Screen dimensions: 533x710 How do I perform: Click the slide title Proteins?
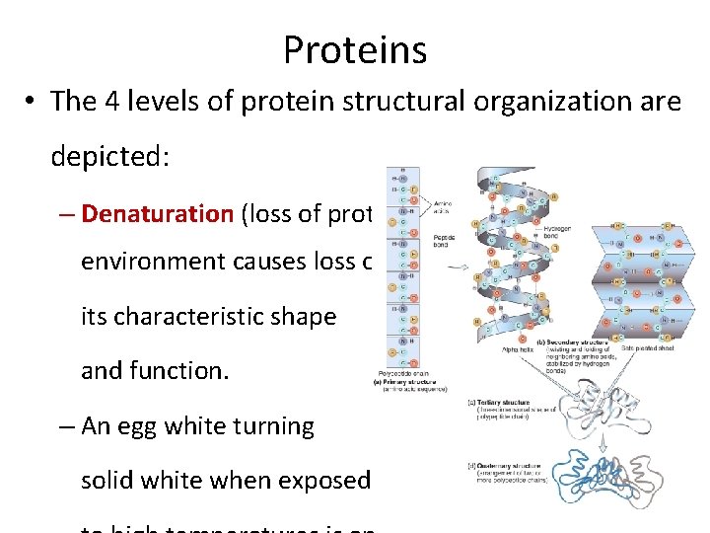(355, 49)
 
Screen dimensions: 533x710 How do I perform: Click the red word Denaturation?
(157, 214)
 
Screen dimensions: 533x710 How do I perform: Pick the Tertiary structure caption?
(497, 404)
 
